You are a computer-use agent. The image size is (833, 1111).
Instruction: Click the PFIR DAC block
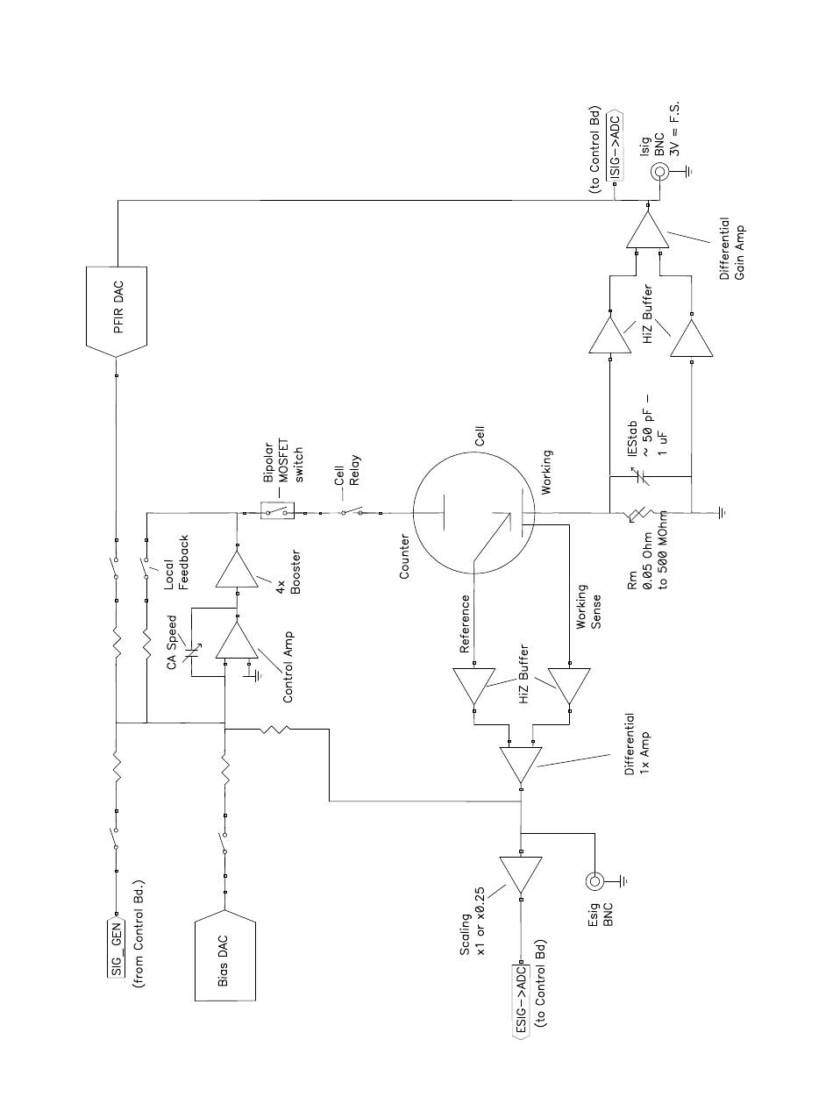(117, 311)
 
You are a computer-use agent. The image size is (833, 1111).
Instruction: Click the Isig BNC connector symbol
(660, 172)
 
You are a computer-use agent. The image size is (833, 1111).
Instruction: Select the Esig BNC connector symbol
(594, 882)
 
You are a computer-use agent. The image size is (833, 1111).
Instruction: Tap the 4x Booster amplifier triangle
(237, 569)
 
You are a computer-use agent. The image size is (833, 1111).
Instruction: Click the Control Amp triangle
(237, 641)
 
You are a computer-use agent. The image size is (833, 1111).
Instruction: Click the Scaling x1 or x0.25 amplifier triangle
(521, 874)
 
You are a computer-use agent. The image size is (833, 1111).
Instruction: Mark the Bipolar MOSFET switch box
(277, 510)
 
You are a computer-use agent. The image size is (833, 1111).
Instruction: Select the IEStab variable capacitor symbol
(640, 476)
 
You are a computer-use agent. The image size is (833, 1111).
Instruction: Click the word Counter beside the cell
(404, 556)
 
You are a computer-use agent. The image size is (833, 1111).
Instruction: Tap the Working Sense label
(589, 607)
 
